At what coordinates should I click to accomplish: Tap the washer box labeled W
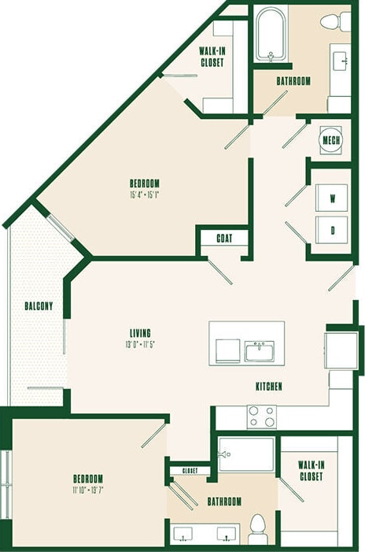coord(332,198)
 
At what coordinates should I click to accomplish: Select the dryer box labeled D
coord(332,230)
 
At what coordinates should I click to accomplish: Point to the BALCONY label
coord(38,306)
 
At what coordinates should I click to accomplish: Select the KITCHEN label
coord(268,387)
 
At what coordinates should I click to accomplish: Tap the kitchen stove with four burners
coord(262,416)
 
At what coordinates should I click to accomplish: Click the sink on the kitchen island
coord(259,351)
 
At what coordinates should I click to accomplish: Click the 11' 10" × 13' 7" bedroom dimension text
coord(88,490)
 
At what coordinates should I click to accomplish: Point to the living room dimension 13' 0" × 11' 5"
coord(138,344)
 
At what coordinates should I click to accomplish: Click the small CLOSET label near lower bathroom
coord(190,471)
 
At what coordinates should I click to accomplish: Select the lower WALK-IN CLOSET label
coord(312,471)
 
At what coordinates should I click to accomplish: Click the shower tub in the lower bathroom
coord(245,454)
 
